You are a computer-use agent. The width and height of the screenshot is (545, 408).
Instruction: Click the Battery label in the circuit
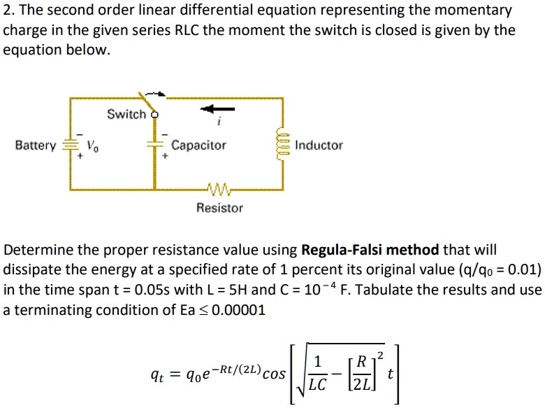(x=35, y=146)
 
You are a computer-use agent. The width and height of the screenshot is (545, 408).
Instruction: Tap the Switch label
(x=126, y=114)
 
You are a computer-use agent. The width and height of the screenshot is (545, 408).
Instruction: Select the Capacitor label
(x=199, y=146)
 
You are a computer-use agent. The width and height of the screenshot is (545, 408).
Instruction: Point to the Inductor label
(x=319, y=146)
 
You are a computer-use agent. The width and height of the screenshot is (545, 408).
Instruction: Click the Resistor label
(x=219, y=208)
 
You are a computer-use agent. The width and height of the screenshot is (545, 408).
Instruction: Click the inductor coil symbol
(x=283, y=145)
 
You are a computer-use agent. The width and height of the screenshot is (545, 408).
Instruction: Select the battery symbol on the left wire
(x=70, y=146)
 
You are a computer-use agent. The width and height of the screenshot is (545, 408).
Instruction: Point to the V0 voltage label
(x=92, y=146)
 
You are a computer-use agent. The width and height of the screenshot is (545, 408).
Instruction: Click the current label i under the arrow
(x=220, y=123)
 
